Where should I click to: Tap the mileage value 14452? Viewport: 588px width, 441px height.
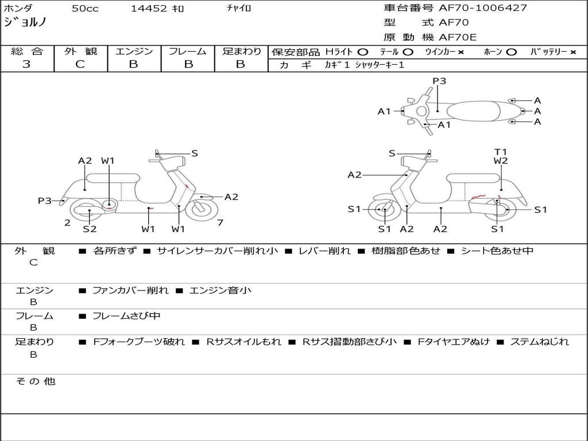[x=148, y=9]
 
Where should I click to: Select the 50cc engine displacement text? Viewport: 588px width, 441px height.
[x=84, y=9]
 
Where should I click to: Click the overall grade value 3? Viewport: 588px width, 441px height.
[x=26, y=64]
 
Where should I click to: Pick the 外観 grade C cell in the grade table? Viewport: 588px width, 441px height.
[x=80, y=64]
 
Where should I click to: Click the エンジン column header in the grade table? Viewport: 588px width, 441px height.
[x=134, y=52]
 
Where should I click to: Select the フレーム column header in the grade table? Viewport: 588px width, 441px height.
[x=188, y=52]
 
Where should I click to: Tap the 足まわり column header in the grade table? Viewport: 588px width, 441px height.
[x=241, y=52]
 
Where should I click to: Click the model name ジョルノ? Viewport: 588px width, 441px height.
[x=25, y=23]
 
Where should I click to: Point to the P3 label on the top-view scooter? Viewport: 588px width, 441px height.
[x=439, y=81]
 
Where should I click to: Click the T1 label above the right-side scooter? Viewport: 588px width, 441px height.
[x=501, y=152]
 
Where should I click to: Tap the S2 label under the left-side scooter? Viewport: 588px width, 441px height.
[x=90, y=229]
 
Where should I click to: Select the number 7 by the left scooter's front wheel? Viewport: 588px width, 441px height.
[x=219, y=223]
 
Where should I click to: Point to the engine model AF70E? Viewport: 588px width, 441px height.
[x=458, y=37]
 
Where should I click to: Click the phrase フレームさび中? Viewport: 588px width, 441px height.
[x=126, y=316]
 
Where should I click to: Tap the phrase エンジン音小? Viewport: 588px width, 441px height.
[x=220, y=291]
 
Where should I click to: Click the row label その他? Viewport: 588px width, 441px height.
[x=36, y=381]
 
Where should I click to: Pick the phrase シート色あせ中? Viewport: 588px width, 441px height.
[x=497, y=251]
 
